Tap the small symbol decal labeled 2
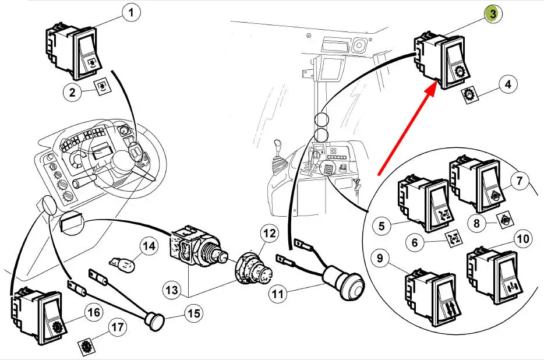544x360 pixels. [103, 87]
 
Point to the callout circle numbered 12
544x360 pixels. [269, 234]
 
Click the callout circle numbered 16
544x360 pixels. [93, 313]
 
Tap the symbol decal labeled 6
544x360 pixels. [451, 238]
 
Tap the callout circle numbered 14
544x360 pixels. [149, 246]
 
